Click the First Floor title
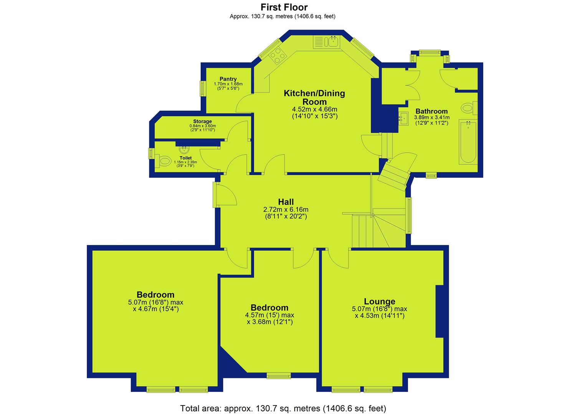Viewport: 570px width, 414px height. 284,7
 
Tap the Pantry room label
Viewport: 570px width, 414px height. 228,79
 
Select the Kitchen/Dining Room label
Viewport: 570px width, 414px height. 314,97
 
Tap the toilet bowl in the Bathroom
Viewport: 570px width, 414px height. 468,108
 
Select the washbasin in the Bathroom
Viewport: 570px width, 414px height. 403,119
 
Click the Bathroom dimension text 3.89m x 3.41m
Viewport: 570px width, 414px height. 432,117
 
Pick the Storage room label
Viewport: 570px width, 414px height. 202,121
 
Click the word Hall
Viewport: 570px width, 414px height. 286,202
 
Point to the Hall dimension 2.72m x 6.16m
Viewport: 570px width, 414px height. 286,210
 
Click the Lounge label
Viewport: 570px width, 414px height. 379,301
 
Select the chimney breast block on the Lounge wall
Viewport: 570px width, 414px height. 439,311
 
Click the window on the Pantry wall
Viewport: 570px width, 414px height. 203,89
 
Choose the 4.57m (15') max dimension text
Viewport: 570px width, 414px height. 269,315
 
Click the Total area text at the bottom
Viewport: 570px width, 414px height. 283,401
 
